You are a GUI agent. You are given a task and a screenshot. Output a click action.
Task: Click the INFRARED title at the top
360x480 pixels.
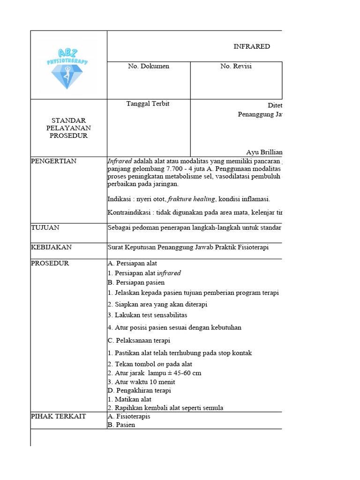point(252,46)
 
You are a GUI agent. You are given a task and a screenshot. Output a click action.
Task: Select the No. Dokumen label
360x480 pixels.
point(149,67)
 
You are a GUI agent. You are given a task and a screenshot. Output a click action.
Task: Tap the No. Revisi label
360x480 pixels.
point(236,67)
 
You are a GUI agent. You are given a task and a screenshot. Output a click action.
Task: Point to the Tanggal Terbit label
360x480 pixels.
point(148,104)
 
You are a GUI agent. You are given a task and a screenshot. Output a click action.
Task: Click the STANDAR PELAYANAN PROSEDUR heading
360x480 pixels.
point(69,128)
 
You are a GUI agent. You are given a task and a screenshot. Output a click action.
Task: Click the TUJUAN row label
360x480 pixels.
point(45,228)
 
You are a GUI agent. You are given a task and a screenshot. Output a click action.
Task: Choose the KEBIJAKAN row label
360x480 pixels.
point(51,247)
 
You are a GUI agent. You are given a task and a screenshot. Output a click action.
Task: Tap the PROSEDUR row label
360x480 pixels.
point(50,263)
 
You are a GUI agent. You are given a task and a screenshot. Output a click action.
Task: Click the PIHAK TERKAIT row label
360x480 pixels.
point(58,416)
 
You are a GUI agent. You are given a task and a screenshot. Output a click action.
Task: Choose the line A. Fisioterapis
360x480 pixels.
point(129,416)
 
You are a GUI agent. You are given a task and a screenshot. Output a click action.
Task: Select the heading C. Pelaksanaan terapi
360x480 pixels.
point(139,341)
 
